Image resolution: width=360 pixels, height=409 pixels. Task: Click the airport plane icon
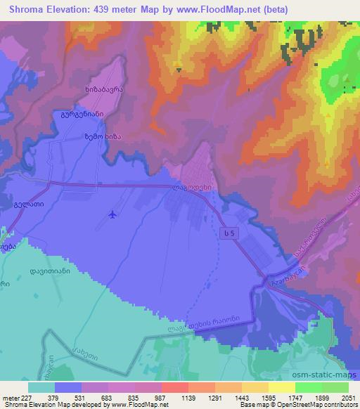coord(113,214)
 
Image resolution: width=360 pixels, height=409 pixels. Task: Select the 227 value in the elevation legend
coord(26,397)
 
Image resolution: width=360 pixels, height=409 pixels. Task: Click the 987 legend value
coord(161,397)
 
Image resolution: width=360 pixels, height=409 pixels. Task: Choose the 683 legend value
coord(108,397)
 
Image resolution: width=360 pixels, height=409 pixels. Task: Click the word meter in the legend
coord(11,397)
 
